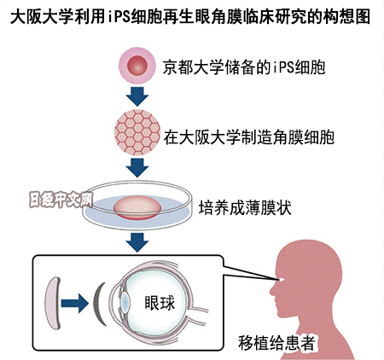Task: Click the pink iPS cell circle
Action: (x=137, y=66)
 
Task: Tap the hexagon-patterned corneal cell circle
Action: (x=137, y=132)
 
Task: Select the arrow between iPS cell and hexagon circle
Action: (x=137, y=96)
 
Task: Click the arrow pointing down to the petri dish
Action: (x=137, y=167)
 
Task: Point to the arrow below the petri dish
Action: (x=137, y=242)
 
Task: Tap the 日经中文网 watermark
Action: (x=61, y=200)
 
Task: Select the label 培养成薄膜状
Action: (x=245, y=208)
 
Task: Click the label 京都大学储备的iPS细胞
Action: (x=244, y=67)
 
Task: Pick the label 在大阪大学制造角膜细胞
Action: (x=249, y=137)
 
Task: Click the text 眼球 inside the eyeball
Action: (x=160, y=303)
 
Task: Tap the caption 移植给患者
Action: (x=276, y=343)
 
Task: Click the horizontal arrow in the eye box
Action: (x=74, y=304)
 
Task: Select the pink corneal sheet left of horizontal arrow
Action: (x=52, y=303)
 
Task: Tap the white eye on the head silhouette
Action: (x=282, y=280)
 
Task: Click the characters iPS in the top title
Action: (x=119, y=17)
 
